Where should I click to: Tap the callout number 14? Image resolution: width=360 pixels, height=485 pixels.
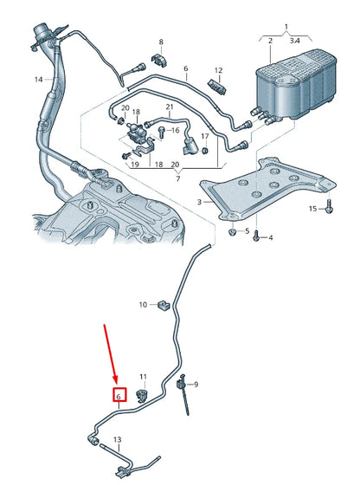38,80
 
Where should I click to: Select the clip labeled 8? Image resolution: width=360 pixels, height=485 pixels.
160,60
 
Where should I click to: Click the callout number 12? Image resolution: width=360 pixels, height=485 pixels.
218,70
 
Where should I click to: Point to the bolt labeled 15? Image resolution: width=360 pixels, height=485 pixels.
329,207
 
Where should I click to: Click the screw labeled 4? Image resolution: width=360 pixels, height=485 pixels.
256,236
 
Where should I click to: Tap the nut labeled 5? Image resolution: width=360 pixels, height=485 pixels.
233,232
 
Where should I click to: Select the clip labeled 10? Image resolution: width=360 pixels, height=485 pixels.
164,305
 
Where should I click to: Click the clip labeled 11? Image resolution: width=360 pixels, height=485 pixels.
142,394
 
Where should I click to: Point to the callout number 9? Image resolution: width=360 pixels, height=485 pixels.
196,385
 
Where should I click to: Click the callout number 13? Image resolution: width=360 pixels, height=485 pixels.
118,440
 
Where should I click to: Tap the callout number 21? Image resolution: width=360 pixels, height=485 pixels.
170,107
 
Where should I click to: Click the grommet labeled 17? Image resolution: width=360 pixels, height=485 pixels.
204,151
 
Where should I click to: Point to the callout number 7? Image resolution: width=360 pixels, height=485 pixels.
178,178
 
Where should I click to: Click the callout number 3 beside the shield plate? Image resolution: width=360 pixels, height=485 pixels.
200,202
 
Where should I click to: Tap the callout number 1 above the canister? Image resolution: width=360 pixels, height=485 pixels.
286,27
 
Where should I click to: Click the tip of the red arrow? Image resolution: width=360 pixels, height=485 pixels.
117,383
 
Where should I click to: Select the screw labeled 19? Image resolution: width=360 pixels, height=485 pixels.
126,156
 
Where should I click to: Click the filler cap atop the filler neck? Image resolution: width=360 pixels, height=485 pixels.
42,32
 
